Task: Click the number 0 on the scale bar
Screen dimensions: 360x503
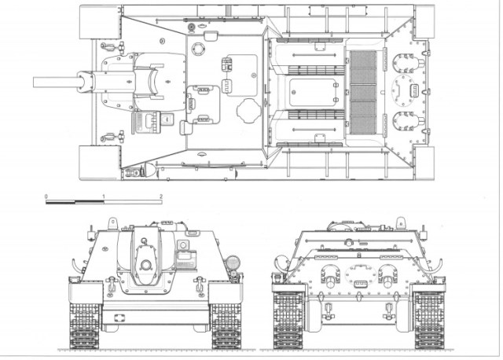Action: (x=46, y=193)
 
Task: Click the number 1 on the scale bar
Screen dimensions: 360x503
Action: (x=104, y=193)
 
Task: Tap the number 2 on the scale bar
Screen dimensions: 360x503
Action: (x=160, y=193)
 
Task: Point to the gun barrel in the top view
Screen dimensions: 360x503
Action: (x=55, y=81)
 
